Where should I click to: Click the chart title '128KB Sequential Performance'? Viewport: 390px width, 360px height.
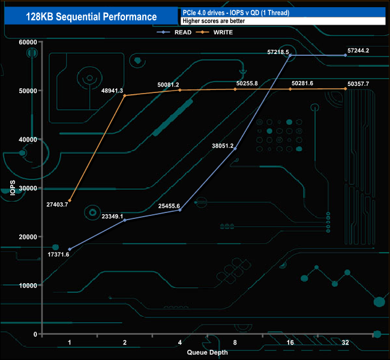pyautogui.click(x=92, y=17)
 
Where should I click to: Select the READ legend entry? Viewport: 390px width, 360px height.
pyautogui.click(x=174, y=32)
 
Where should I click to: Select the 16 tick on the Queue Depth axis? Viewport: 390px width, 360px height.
pyautogui.click(x=290, y=342)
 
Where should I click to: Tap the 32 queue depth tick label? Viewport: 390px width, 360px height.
pyautogui.click(x=345, y=342)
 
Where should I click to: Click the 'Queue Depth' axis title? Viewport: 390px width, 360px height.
pyautogui.click(x=207, y=353)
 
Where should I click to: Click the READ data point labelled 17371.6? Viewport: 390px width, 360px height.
pyautogui.click(x=70, y=249)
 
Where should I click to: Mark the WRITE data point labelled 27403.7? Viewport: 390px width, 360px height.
pyautogui.click(x=70, y=200)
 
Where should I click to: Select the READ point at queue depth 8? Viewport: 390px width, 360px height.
pyautogui.click(x=235, y=148)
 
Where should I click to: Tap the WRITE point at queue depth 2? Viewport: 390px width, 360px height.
pyautogui.click(x=125, y=95)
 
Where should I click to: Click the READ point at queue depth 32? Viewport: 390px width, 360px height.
pyautogui.click(x=345, y=55)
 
